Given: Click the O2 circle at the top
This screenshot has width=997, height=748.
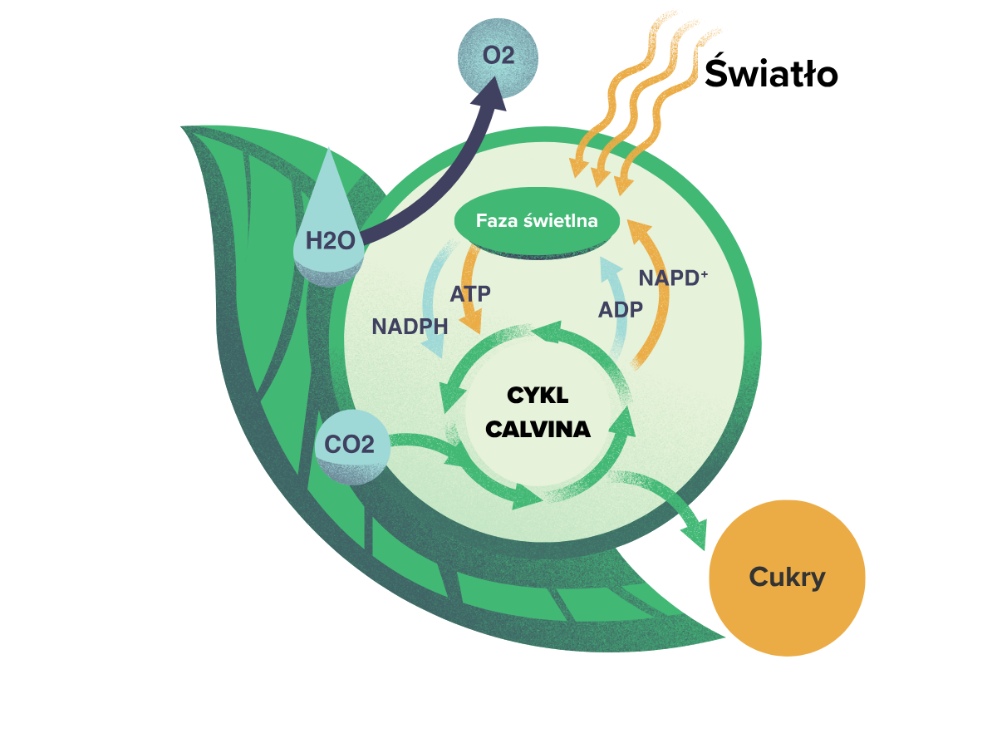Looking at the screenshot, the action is click(498, 57).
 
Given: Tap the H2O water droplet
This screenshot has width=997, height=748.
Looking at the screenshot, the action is click(328, 227).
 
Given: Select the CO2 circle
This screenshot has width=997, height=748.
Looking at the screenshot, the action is click(352, 446).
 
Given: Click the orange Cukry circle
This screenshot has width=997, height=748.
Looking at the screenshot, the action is click(787, 578).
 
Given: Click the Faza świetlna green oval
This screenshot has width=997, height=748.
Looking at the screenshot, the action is click(537, 222).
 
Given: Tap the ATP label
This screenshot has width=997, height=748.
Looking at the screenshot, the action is click(470, 294).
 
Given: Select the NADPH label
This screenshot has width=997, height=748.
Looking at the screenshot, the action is click(410, 327).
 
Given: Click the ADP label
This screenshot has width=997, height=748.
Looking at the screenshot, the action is click(621, 310).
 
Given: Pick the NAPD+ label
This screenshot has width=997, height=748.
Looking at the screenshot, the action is click(673, 278).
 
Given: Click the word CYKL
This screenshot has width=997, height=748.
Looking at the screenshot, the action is click(538, 395).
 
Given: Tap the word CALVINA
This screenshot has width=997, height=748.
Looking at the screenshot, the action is click(538, 429).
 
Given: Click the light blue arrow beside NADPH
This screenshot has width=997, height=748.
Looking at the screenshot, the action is click(430, 300).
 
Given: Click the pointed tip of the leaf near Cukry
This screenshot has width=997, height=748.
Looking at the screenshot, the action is click(725, 637).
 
